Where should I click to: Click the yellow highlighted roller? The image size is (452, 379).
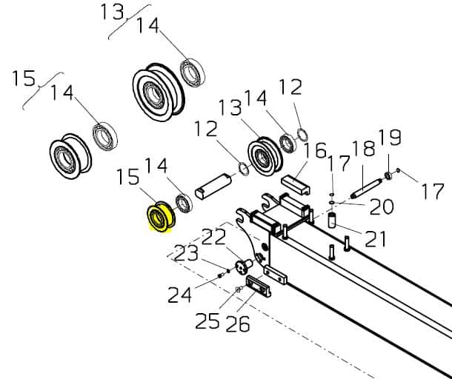click(161, 217)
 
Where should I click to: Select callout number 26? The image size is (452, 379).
click(238, 324)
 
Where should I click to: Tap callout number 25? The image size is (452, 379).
click(207, 321)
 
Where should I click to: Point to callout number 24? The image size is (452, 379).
click(179, 295)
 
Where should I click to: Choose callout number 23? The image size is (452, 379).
click(186, 253)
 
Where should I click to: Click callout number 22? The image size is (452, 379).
click(213, 236)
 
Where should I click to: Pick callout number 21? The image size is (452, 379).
click(376, 239)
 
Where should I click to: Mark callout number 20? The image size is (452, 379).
click(382, 207)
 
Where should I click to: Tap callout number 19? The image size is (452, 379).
click(390, 137)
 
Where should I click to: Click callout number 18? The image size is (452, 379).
click(364, 149)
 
